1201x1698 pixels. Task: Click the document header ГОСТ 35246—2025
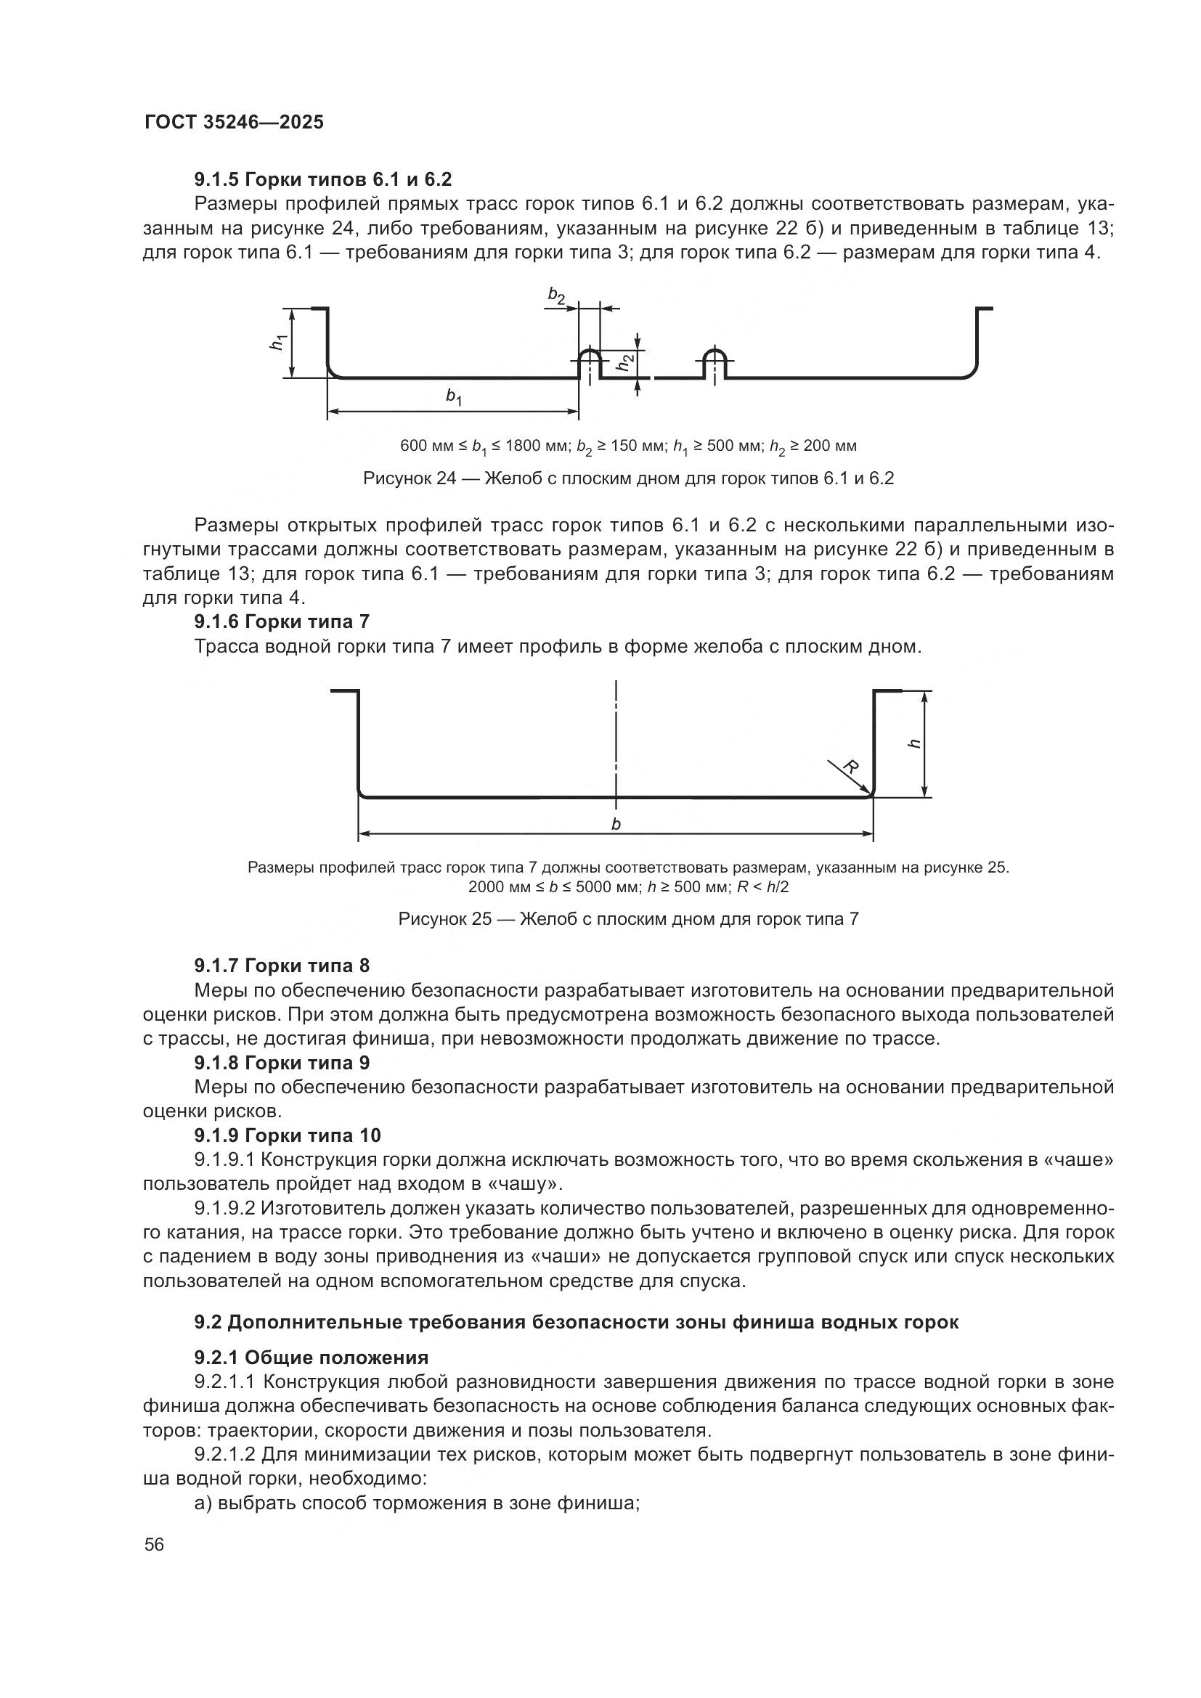tap(234, 123)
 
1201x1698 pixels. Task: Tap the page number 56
tap(154, 1544)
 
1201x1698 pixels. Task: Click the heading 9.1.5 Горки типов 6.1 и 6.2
tap(322, 180)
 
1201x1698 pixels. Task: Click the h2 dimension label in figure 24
tap(626, 362)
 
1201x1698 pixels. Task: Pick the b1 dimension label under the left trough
tap(453, 396)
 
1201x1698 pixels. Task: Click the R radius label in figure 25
tap(850, 767)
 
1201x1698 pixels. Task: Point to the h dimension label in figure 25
tap(915, 743)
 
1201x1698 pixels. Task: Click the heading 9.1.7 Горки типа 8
tap(282, 966)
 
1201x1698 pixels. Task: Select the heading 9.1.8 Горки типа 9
tap(282, 1063)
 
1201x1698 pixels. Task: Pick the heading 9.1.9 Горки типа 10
tap(287, 1135)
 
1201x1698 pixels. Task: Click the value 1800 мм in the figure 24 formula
tap(536, 446)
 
